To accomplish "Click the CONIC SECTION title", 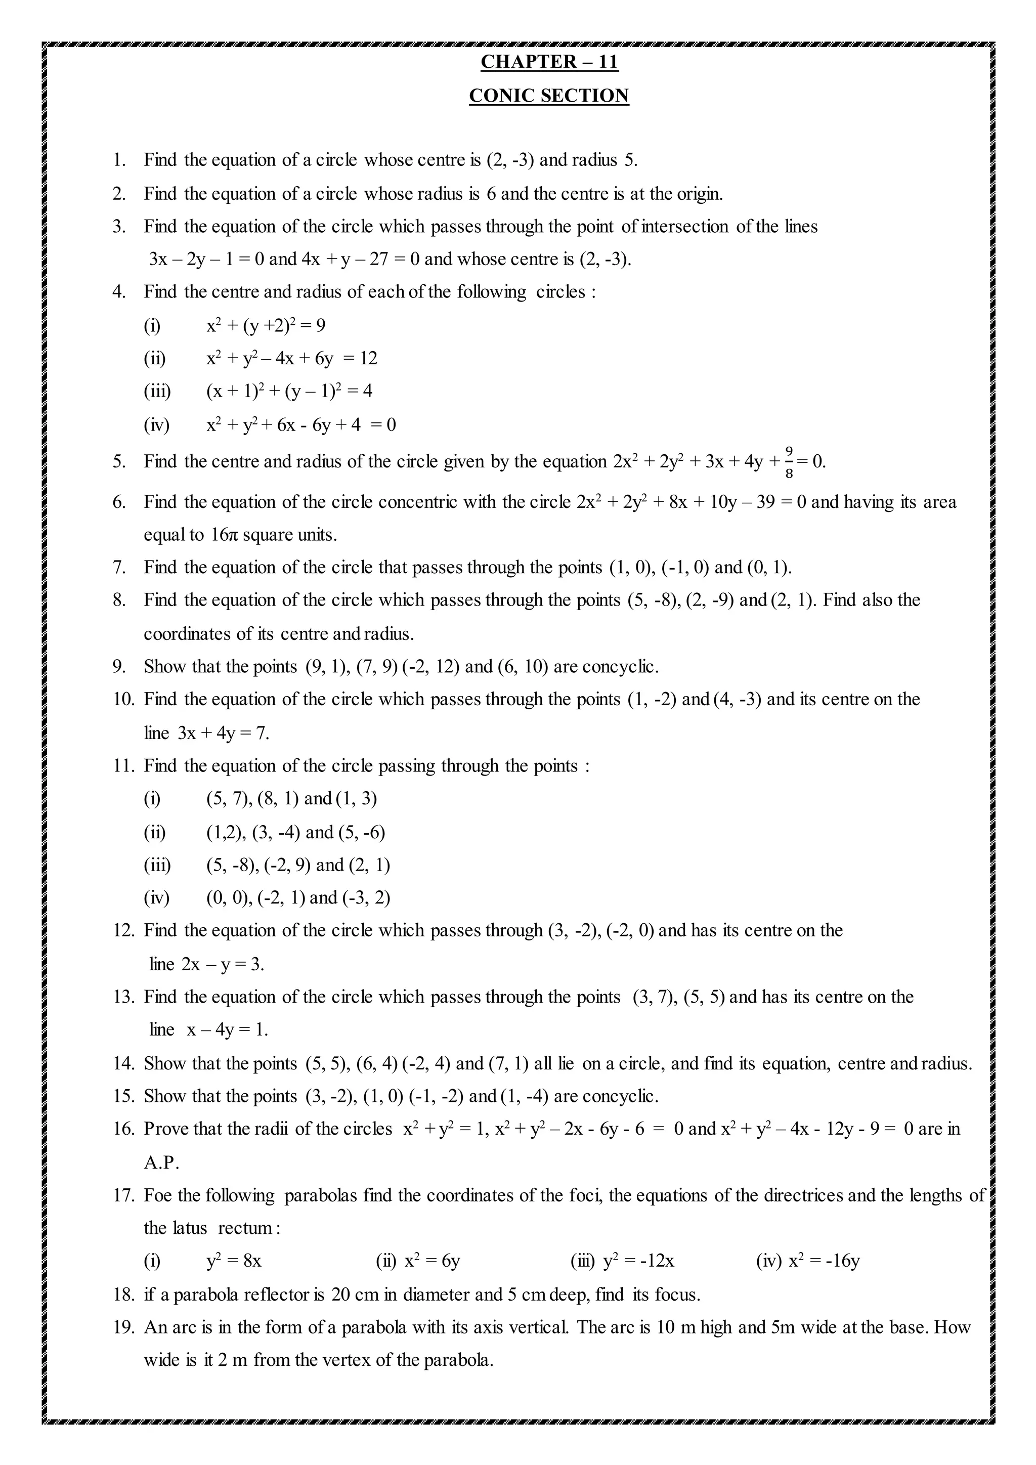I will [x=549, y=96].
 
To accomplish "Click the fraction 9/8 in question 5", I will [x=789, y=461].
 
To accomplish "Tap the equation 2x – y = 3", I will [x=223, y=964].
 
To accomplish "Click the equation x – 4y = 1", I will [x=227, y=1030].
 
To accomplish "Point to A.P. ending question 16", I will [x=161, y=1162].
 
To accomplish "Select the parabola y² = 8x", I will [x=234, y=1262].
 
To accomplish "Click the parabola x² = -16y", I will [x=824, y=1262].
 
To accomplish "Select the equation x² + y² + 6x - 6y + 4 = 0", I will [x=300, y=424].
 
